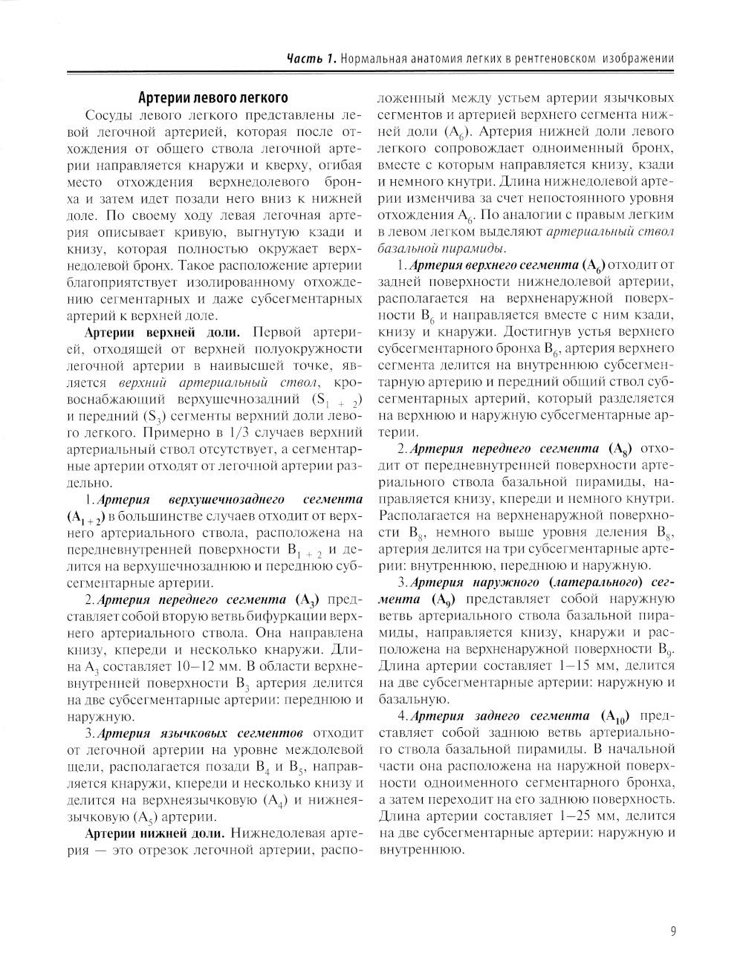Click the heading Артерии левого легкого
point(212,97)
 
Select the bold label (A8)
point(619,449)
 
